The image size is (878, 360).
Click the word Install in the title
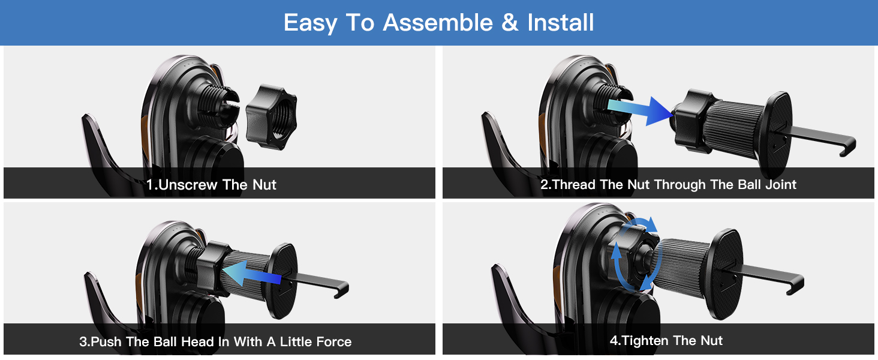560,23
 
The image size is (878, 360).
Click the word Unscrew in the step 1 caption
188,185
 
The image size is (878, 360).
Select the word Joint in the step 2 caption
780,185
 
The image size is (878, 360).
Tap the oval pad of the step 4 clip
723,273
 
